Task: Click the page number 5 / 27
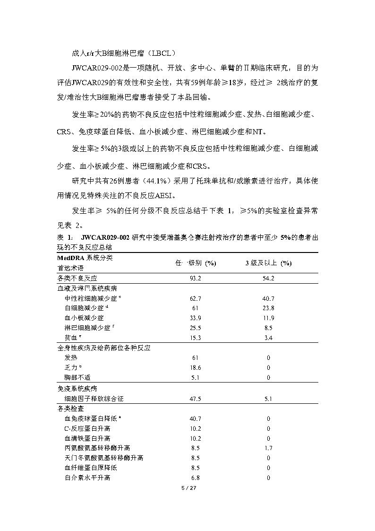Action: tap(188, 487)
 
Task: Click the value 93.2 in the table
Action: tap(196, 279)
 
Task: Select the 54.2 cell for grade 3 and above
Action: tap(268, 279)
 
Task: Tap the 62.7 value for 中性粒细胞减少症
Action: tap(196, 298)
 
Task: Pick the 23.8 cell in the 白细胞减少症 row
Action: tap(268, 308)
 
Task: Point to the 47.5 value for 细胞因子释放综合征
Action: tap(196, 399)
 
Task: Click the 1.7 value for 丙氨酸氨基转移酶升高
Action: tap(268, 448)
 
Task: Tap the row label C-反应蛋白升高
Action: tap(87, 428)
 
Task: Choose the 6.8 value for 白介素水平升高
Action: tap(196, 478)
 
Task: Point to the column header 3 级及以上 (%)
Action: tap(268, 263)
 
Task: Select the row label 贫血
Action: tap(72, 338)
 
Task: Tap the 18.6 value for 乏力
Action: tap(196, 367)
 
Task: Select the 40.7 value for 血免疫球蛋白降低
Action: tap(196, 418)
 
